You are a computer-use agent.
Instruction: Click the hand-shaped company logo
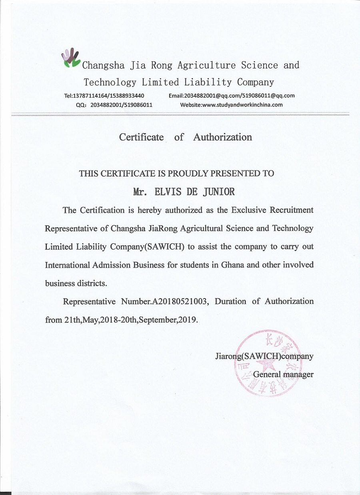70,58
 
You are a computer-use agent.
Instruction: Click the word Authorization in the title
222,137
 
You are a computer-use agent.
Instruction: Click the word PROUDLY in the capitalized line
188,174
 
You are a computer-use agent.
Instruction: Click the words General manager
283,375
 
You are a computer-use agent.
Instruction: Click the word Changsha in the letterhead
103,65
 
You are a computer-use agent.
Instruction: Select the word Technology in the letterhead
110,82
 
